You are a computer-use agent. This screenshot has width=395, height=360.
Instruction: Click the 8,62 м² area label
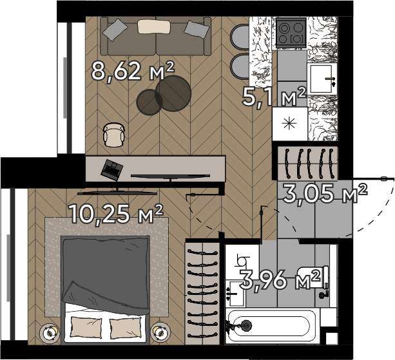[133, 71]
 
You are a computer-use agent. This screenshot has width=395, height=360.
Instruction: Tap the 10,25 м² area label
[116, 213]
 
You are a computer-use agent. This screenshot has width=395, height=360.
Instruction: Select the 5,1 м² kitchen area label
[275, 97]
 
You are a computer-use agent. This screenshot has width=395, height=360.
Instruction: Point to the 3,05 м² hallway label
[325, 193]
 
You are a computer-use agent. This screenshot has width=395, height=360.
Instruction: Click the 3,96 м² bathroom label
[280, 279]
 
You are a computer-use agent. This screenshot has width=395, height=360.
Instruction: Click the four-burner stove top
[291, 32]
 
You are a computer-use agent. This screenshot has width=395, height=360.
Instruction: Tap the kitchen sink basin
[322, 79]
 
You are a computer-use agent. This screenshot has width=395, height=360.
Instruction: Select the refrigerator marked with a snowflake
[290, 124]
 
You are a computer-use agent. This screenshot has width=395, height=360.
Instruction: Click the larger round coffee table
[173, 93]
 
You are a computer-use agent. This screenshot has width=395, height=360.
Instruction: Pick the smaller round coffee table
[149, 102]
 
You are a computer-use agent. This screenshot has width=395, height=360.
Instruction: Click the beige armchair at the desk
[114, 135]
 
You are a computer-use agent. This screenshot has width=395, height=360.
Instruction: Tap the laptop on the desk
[111, 168]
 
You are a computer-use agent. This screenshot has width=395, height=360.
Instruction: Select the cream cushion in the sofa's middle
[154, 26]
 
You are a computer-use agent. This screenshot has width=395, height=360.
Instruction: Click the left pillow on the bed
[86, 327]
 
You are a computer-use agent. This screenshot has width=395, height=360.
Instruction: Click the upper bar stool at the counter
[240, 37]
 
